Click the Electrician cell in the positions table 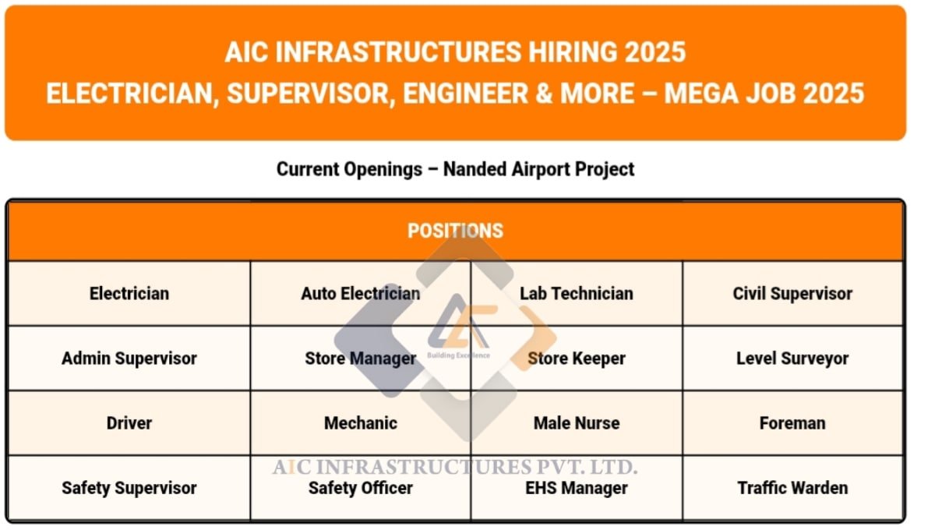(x=129, y=294)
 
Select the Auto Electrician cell (x=360, y=294)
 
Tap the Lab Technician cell (x=577, y=294)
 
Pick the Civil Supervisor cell (x=792, y=294)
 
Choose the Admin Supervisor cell (x=129, y=359)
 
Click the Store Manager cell (x=360, y=359)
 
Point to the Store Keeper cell (x=577, y=359)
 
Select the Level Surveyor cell (x=792, y=359)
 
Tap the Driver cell (x=129, y=423)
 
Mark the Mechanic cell (x=360, y=423)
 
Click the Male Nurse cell (x=577, y=423)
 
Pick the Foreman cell (x=792, y=423)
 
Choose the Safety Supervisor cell (x=129, y=488)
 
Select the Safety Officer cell (x=360, y=489)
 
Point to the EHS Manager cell (x=577, y=489)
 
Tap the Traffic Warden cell (x=792, y=488)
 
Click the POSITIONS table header (x=455, y=231)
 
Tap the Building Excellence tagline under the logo (x=458, y=355)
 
